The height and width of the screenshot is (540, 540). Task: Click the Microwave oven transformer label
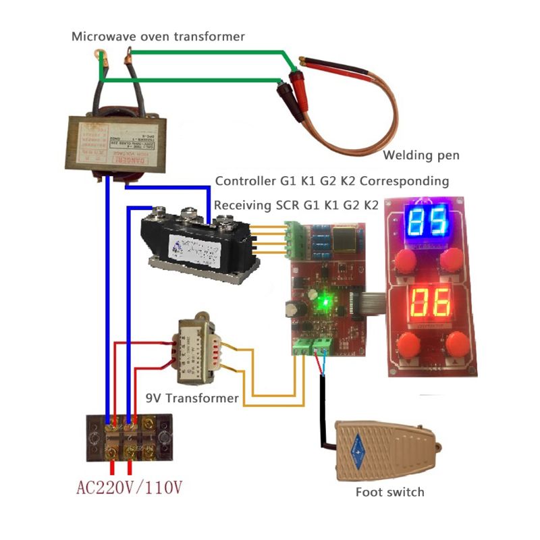tap(158, 36)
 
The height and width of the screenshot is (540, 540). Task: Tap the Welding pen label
tap(421, 156)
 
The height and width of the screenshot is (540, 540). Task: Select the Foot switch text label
tap(389, 492)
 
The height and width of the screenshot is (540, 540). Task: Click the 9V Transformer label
tap(192, 398)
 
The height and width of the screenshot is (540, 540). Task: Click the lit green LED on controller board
tap(325, 302)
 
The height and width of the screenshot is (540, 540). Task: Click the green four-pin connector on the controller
tap(294, 241)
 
